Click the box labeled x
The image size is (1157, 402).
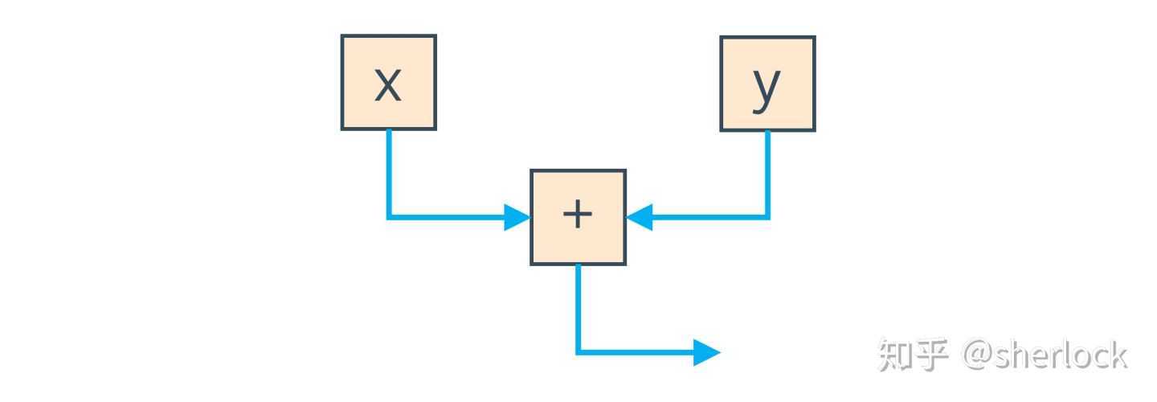(x=388, y=82)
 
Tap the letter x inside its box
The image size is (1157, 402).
(x=388, y=84)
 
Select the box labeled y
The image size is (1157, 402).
(x=767, y=84)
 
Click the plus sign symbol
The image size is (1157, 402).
(x=578, y=214)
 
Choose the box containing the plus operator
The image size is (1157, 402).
(x=578, y=217)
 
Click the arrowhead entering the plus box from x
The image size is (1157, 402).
(x=517, y=217)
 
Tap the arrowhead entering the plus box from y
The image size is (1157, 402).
(x=640, y=217)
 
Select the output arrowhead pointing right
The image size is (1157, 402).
(x=706, y=352)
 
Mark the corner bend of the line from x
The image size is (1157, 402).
(x=389, y=217)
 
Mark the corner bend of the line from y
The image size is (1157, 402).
(x=767, y=217)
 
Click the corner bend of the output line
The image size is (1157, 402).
(x=578, y=352)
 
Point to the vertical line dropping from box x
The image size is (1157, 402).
(x=389, y=174)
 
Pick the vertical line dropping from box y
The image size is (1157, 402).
(x=767, y=174)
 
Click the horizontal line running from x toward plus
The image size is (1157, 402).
(x=447, y=217)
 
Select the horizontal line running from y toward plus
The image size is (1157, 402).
(x=709, y=217)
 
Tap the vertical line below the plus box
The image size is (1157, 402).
(x=578, y=309)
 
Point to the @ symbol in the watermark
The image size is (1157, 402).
(x=977, y=355)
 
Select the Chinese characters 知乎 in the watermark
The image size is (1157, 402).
(x=914, y=355)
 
